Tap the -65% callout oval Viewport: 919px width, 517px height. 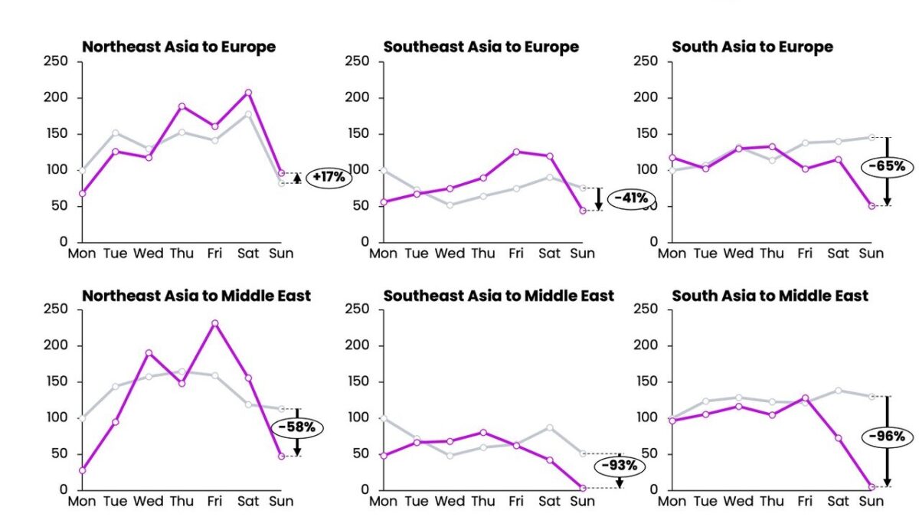tap(886, 165)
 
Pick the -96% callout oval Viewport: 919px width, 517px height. tap(886, 437)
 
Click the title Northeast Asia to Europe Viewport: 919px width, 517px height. tap(178, 47)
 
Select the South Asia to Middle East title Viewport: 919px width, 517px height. tap(770, 296)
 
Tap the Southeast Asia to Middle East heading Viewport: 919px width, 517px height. tap(499, 296)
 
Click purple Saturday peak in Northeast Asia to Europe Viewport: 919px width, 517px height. tap(247, 93)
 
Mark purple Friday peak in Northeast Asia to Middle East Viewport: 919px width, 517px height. tap(215, 323)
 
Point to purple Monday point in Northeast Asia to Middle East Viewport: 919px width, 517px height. tap(82, 470)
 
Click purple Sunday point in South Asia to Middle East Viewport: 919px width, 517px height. tap(872, 486)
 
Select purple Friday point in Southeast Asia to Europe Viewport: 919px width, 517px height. tap(516, 152)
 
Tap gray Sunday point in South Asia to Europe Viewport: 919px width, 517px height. tap(872, 137)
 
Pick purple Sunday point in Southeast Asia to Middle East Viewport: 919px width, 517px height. tap(583, 487)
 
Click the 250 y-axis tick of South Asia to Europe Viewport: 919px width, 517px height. tap(646, 61)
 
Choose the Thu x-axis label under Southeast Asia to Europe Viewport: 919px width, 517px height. tap(483, 254)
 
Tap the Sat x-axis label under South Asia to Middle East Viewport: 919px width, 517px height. tap(839, 502)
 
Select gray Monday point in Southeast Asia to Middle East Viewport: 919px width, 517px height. tap(384, 418)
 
